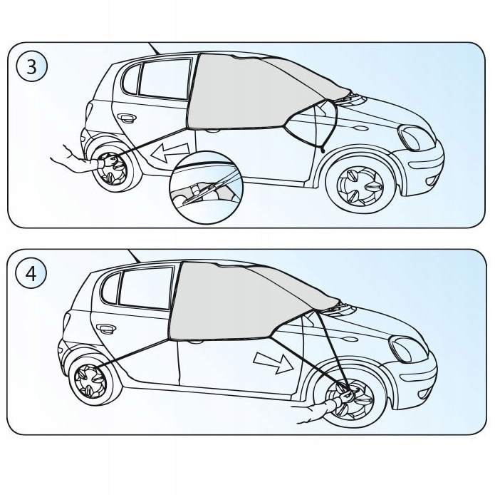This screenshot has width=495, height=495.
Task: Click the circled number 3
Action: pyautogui.click(x=31, y=67)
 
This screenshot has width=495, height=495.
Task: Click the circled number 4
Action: pyautogui.click(x=31, y=274)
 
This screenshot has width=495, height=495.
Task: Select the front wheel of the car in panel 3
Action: pyautogui.click(x=360, y=184)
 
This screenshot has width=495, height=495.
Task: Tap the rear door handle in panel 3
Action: pyautogui.click(x=128, y=118)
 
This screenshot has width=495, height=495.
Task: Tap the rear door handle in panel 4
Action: pyautogui.click(x=107, y=329)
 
